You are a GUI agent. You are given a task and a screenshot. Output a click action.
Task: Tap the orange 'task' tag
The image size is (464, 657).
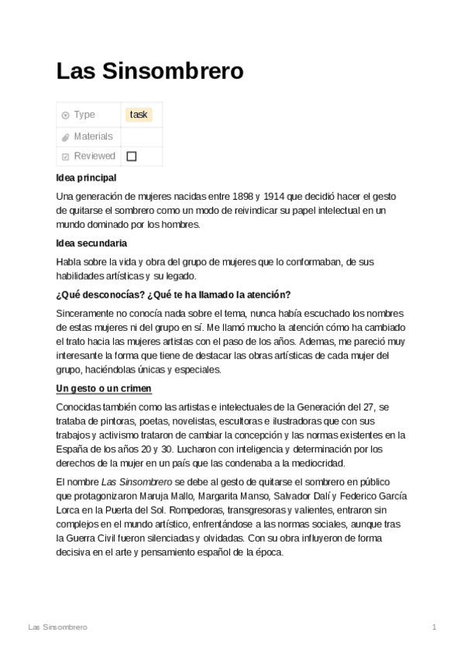pyautogui.click(x=139, y=115)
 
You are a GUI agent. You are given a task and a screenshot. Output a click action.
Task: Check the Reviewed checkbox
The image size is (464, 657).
pyautogui.click(x=131, y=156)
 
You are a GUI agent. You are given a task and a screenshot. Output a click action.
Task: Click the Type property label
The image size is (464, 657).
pyautogui.click(x=84, y=115)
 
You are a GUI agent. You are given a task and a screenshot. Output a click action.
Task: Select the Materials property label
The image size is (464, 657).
pyautogui.click(x=93, y=136)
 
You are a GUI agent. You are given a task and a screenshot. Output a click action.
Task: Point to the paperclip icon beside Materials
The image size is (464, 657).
pyautogui.click(x=66, y=137)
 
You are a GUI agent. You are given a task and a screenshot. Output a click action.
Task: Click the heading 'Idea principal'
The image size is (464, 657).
pyautogui.click(x=86, y=177)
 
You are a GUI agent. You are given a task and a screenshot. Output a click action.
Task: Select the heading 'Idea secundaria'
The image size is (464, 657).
pyautogui.click(x=91, y=243)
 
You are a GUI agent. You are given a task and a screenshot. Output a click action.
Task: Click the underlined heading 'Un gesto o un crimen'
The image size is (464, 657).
pyautogui.click(x=104, y=387)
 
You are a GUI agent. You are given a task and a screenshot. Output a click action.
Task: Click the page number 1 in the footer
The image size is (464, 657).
pyautogui.click(x=435, y=626)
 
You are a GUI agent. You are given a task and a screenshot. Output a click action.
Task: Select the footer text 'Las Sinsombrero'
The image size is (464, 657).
pyautogui.click(x=57, y=626)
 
